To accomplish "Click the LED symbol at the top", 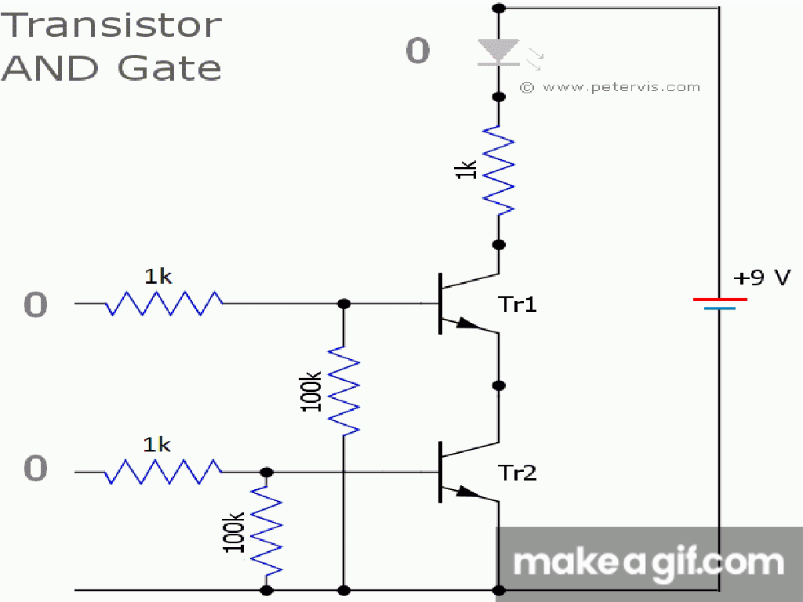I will (499, 53).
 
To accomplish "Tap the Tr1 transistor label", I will (518, 304).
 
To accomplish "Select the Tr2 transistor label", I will (518, 473).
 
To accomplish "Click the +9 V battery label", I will (761, 277).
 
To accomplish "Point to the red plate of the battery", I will (720, 299).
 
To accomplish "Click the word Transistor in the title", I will (113, 25).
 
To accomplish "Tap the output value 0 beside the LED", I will (417, 52).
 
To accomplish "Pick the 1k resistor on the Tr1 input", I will (163, 303).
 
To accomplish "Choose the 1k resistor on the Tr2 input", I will (163, 472).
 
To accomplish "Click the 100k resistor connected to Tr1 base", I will (343, 389).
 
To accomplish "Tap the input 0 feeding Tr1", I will (35, 305).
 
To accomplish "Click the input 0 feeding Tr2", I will (35, 470).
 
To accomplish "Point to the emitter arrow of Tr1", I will (467, 324).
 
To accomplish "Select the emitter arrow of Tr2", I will (467, 492).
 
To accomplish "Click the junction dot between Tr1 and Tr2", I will (499, 386).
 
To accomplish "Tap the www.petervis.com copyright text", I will (610, 87).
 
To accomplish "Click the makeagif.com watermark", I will (648, 561).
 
